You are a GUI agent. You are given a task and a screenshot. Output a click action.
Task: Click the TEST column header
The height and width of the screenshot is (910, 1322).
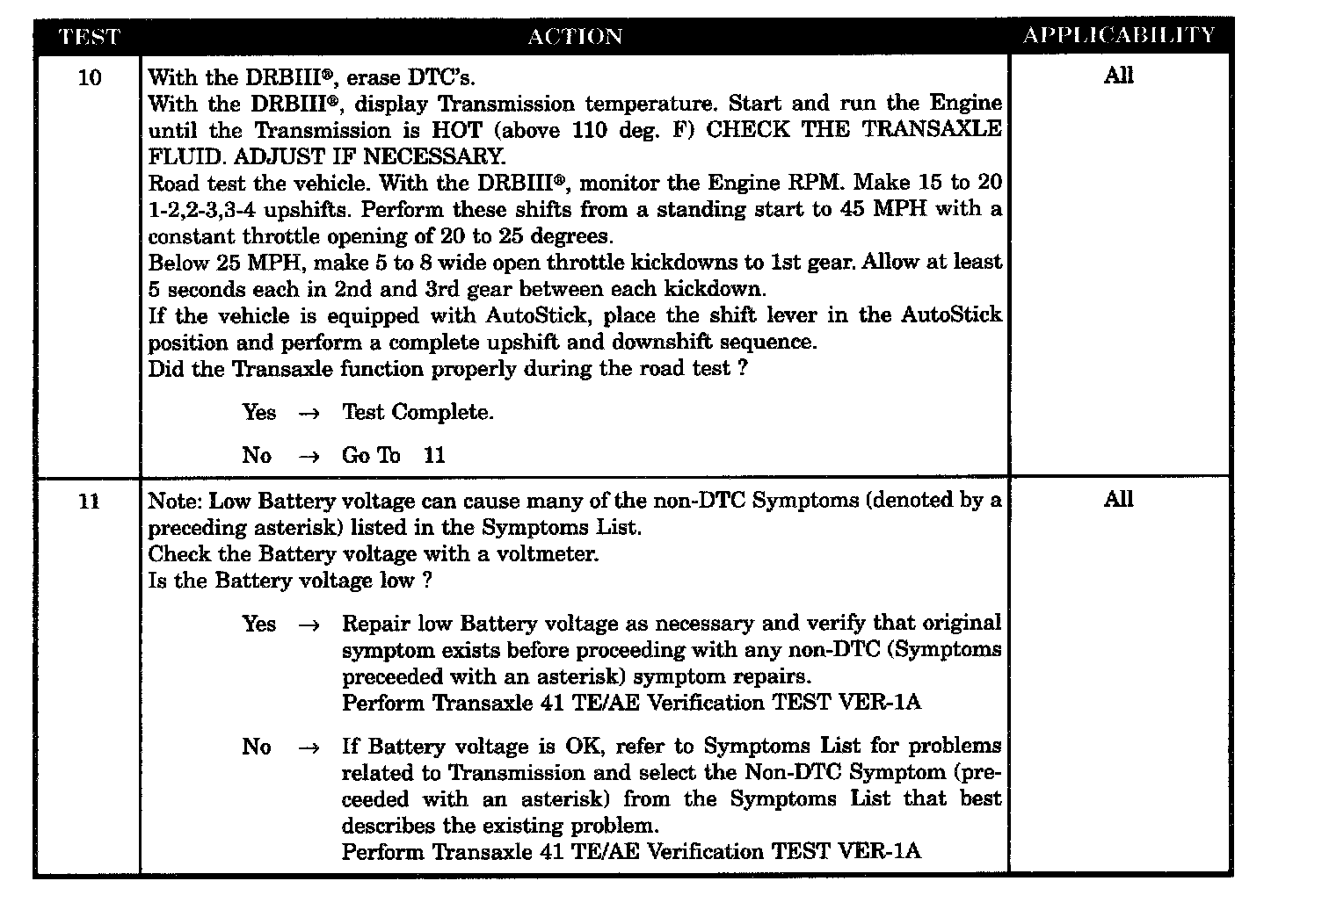click(88, 36)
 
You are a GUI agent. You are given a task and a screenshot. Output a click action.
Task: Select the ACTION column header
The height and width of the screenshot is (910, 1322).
click(575, 36)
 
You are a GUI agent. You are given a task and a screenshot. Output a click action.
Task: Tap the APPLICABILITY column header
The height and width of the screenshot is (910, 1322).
click(1119, 35)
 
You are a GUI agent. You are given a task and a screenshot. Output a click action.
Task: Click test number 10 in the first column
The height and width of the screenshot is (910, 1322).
click(90, 78)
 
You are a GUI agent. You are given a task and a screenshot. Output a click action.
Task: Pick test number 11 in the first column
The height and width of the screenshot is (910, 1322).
click(90, 502)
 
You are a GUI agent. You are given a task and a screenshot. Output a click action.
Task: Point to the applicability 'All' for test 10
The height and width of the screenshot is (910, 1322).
click(1118, 76)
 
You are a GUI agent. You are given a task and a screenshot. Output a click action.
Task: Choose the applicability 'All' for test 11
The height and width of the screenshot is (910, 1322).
click(1118, 500)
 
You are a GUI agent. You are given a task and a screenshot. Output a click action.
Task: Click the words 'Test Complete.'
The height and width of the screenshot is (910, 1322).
click(418, 412)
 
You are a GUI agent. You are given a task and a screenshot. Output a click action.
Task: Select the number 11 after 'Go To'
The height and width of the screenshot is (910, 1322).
click(434, 455)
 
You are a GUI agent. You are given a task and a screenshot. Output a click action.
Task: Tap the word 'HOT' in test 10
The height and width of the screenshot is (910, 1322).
click(456, 130)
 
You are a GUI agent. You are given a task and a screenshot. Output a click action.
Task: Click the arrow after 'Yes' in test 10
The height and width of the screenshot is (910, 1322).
click(309, 413)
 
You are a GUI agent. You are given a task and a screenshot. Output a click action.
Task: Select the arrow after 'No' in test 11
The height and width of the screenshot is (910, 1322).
click(309, 747)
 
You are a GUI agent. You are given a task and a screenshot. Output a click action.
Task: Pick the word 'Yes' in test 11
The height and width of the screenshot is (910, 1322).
click(259, 624)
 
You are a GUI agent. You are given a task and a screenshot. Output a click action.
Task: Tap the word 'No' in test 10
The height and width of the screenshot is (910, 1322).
click(257, 455)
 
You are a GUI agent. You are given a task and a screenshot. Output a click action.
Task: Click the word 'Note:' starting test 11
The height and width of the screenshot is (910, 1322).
click(176, 501)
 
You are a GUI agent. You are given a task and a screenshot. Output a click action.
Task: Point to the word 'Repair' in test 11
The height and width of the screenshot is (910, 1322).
click(375, 624)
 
